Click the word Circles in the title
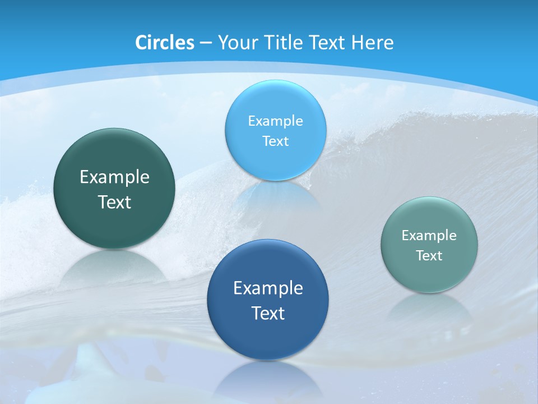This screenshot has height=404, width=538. (x=164, y=43)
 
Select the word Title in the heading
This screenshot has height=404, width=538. (x=284, y=43)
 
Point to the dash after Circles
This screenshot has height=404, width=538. (x=206, y=43)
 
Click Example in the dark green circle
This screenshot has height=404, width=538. (x=114, y=177)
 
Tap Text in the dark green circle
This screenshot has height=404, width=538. (x=114, y=202)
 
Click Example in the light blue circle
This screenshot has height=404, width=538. (x=275, y=121)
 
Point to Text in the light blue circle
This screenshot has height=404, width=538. (x=275, y=141)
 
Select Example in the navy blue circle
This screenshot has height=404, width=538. (x=268, y=288)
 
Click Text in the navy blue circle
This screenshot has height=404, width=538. (x=268, y=313)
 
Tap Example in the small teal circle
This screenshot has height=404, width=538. (x=429, y=236)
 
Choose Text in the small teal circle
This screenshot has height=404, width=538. (x=429, y=256)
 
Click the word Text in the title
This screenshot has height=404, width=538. (x=328, y=43)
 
